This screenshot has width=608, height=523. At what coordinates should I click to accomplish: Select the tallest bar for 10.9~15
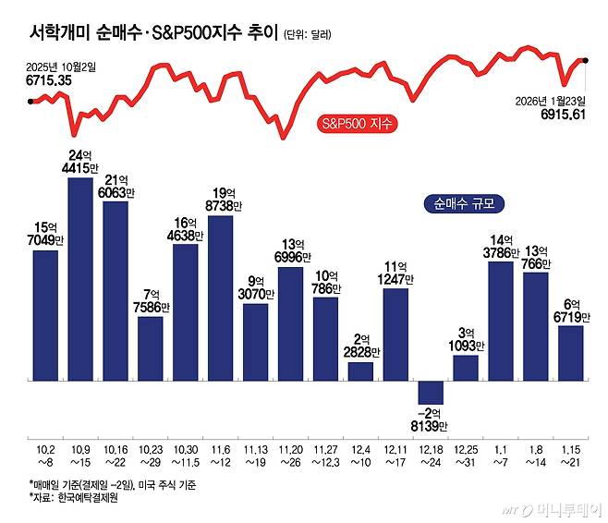[80, 278]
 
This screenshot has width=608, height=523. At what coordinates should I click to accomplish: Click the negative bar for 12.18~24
[431, 392]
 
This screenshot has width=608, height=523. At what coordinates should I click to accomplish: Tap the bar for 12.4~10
[360, 371]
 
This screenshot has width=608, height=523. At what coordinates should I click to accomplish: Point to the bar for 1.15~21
[570, 352]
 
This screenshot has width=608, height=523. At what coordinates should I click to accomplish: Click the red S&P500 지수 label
[355, 123]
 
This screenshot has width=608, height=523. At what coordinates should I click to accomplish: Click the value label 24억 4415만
[81, 162]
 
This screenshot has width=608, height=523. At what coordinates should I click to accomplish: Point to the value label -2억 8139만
[431, 418]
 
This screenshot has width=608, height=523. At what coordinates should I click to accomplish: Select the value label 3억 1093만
[466, 337]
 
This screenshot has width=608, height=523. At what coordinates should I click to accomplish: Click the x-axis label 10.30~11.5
[186, 454]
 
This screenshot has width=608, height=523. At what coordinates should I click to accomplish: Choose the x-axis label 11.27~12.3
[325, 454]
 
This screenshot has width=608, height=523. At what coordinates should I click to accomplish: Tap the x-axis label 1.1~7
[500, 454]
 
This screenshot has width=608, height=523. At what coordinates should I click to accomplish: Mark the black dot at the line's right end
[586, 60]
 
